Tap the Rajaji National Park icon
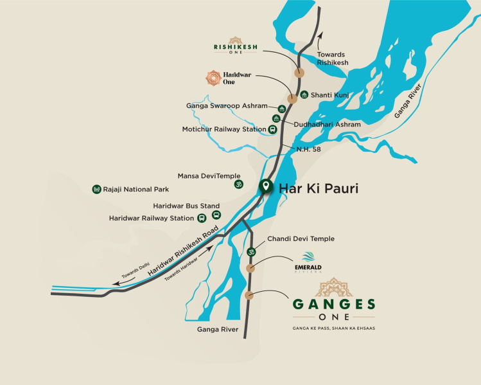tap(97, 189)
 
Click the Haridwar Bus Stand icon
tap(216, 215)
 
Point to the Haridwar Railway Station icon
tap(202, 219)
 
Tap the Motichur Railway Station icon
tap(272, 129)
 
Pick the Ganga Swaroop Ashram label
tap(226, 106)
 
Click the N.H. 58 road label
tap(308, 149)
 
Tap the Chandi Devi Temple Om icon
tap(252, 251)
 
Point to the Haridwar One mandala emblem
tap(213, 78)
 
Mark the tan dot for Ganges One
tap(249, 295)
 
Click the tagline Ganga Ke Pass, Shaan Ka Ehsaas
tap(333, 328)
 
